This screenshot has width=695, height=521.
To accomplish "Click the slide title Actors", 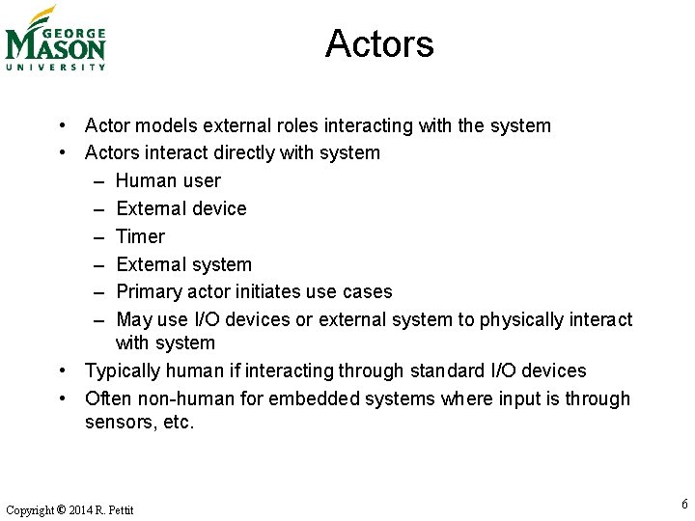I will (379, 43).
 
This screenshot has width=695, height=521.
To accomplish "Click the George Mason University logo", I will (55, 39).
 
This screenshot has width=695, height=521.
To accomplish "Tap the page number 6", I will (684, 504).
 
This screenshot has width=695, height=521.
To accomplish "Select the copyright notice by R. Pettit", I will (69, 509).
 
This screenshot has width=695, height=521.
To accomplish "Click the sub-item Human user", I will (168, 180).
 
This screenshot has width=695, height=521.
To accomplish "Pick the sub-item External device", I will (181, 208).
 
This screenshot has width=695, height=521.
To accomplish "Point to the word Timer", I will (140, 236).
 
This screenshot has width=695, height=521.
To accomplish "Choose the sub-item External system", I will (183, 264).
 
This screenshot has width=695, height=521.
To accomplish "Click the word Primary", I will (148, 291).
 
